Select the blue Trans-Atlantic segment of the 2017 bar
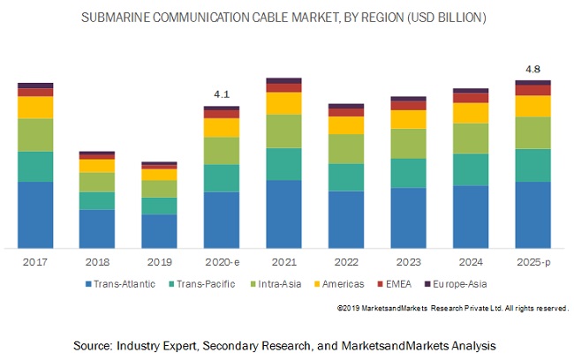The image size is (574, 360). (x=35, y=214)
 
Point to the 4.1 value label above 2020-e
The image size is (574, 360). (x=222, y=94)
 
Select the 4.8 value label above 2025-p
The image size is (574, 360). (x=533, y=68)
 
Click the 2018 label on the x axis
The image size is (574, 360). (x=97, y=262)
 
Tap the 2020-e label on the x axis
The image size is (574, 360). (x=222, y=262)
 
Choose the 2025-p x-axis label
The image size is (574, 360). (x=533, y=262)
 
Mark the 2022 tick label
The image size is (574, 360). (x=346, y=262)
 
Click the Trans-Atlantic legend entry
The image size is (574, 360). (x=121, y=284)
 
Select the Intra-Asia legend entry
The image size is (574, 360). (x=281, y=284)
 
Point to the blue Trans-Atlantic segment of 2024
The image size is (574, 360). (x=471, y=216)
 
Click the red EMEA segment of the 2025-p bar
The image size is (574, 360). (x=533, y=90)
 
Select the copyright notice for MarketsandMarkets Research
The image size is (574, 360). (x=452, y=308)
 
